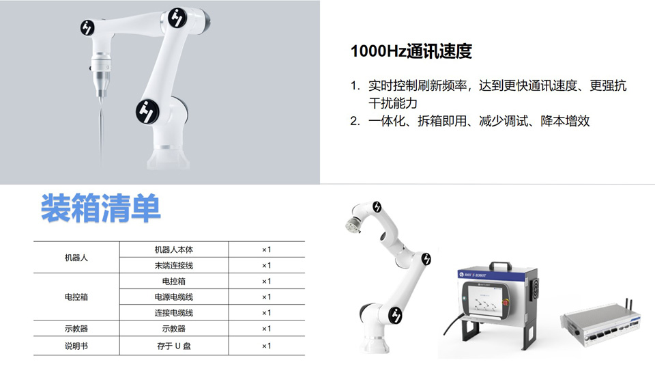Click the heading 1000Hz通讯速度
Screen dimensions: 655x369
[411, 51]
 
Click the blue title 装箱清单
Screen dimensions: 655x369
[101, 208]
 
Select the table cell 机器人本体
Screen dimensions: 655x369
[174, 250]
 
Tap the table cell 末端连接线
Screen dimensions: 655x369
[174, 265]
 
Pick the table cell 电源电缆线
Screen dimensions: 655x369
[174, 297]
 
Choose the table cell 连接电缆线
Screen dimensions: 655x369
[174, 313]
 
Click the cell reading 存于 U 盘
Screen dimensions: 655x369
[174, 346]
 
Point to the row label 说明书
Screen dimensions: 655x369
[76, 346]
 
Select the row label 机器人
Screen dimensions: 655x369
[76, 258]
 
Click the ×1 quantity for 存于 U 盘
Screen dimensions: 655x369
[267, 346]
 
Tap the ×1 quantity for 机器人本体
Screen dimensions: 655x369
[267, 250]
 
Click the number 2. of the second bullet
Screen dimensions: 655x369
[355, 122]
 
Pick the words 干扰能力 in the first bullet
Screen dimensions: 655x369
[393, 103]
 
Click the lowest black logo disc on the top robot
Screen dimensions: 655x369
[147, 111]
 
